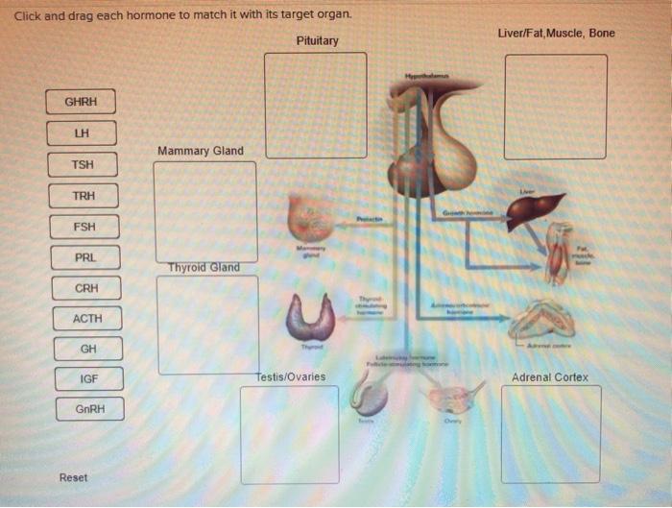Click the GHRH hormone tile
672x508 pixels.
pos(82,102)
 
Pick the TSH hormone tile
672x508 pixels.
pos(83,164)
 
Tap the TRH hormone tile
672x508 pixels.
pos(84,196)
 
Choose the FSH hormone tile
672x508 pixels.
pos(84,228)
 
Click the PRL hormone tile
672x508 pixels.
pos(85,257)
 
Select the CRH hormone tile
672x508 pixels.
pos(86,288)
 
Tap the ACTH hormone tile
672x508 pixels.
pos(86,318)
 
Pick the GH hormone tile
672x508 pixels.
pos(88,349)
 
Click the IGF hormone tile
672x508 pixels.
pos(88,378)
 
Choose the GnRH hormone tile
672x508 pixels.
pos(88,410)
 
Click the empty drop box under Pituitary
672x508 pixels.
pos(316,105)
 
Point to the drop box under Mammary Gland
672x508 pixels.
pos(205,211)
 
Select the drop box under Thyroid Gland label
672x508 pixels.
pos(206,325)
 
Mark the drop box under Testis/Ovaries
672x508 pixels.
pos(289,434)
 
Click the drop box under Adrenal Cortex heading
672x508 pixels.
pos(551,434)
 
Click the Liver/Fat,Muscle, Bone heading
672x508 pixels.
pos(557,34)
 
